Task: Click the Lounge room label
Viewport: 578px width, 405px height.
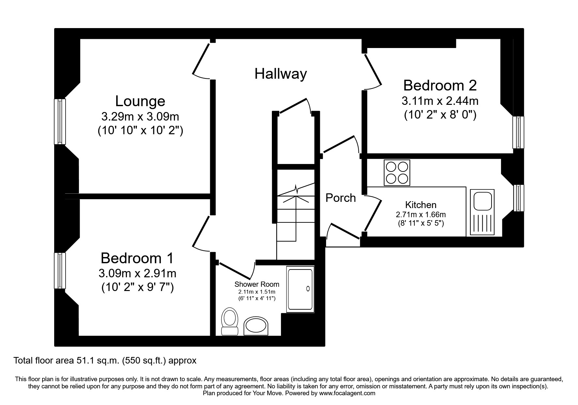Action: tap(140, 101)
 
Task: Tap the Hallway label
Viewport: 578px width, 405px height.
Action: tap(280, 74)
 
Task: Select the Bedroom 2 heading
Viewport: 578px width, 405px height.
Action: tap(440, 86)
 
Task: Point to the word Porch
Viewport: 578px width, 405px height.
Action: tap(340, 198)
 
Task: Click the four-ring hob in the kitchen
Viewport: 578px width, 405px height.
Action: tap(397, 173)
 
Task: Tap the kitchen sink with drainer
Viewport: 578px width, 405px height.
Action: tap(482, 212)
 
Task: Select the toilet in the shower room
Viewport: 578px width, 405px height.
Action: tap(230, 321)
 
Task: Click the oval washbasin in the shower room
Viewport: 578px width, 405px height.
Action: tap(257, 326)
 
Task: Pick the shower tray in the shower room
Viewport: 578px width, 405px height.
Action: tap(300, 289)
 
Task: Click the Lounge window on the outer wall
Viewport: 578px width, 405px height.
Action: tap(60, 121)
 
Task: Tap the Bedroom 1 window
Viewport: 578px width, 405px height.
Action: tap(60, 270)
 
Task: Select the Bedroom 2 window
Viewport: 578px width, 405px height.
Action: tap(518, 132)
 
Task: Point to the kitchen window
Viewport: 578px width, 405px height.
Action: tap(518, 198)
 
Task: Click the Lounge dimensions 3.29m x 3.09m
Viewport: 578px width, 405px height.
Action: tap(140, 117)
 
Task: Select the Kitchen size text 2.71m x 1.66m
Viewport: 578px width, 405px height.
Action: tap(420, 215)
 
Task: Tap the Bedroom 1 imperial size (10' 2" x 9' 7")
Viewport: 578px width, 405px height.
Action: tap(137, 287)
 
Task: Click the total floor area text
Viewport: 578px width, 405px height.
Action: tap(105, 361)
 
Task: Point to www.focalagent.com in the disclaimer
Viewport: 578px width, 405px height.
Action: tap(347, 393)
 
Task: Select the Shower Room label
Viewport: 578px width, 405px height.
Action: tap(257, 284)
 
